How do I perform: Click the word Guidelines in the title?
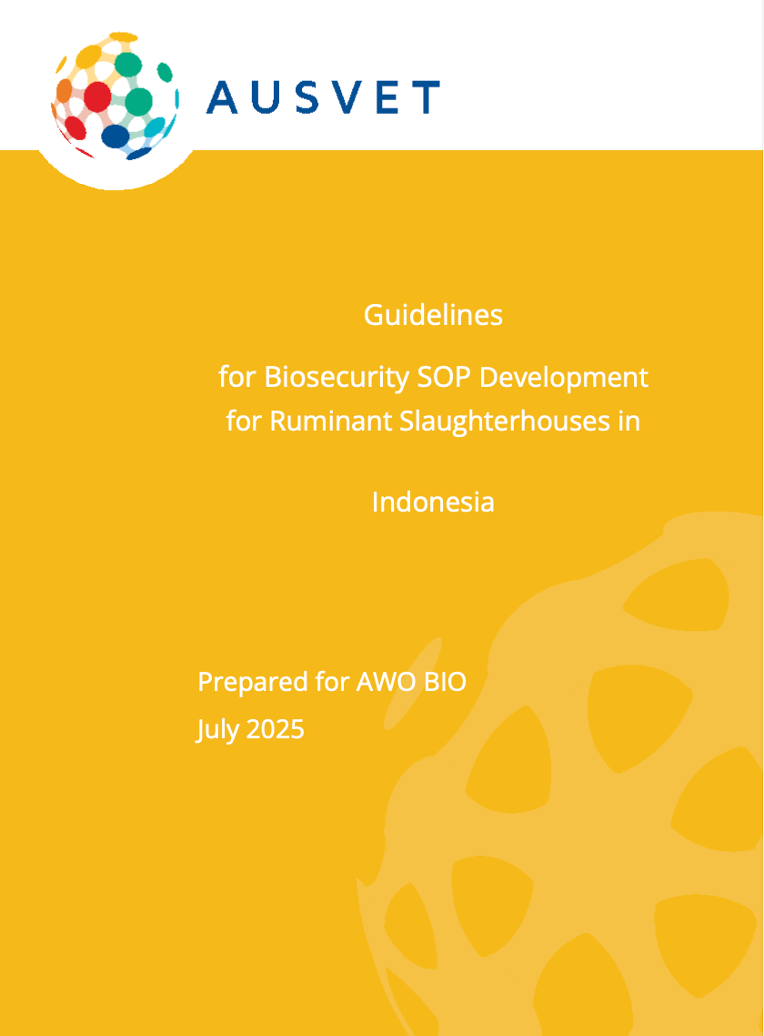433,315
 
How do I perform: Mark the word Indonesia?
433,502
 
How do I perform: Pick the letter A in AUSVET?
222,96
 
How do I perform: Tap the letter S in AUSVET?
311,96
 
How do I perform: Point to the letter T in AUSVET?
427,96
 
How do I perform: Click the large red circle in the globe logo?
96,97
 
